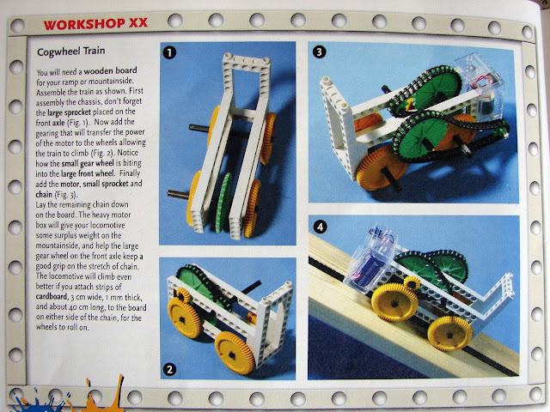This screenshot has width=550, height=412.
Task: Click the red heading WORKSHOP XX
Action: coord(95,24)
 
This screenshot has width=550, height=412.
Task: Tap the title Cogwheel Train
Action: coord(70,51)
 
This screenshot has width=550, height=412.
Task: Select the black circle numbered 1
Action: coord(170,52)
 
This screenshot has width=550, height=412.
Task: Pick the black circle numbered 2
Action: coord(170,370)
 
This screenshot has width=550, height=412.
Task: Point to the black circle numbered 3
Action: coord(319,51)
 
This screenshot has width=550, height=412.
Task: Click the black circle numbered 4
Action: coord(320,227)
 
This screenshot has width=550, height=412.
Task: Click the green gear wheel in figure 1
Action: coord(223,203)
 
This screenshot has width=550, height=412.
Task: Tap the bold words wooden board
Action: coord(111,70)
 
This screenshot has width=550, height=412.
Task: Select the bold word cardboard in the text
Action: coord(52,296)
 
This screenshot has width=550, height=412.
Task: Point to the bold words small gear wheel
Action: coord(88,163)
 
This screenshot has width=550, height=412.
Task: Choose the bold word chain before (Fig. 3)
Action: coord(44,194)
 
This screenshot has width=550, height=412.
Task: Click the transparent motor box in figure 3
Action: coord(480,87)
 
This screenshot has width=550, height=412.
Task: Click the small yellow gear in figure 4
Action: coord(412,282)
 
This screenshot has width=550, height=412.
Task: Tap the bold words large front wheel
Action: coord(88,173)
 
